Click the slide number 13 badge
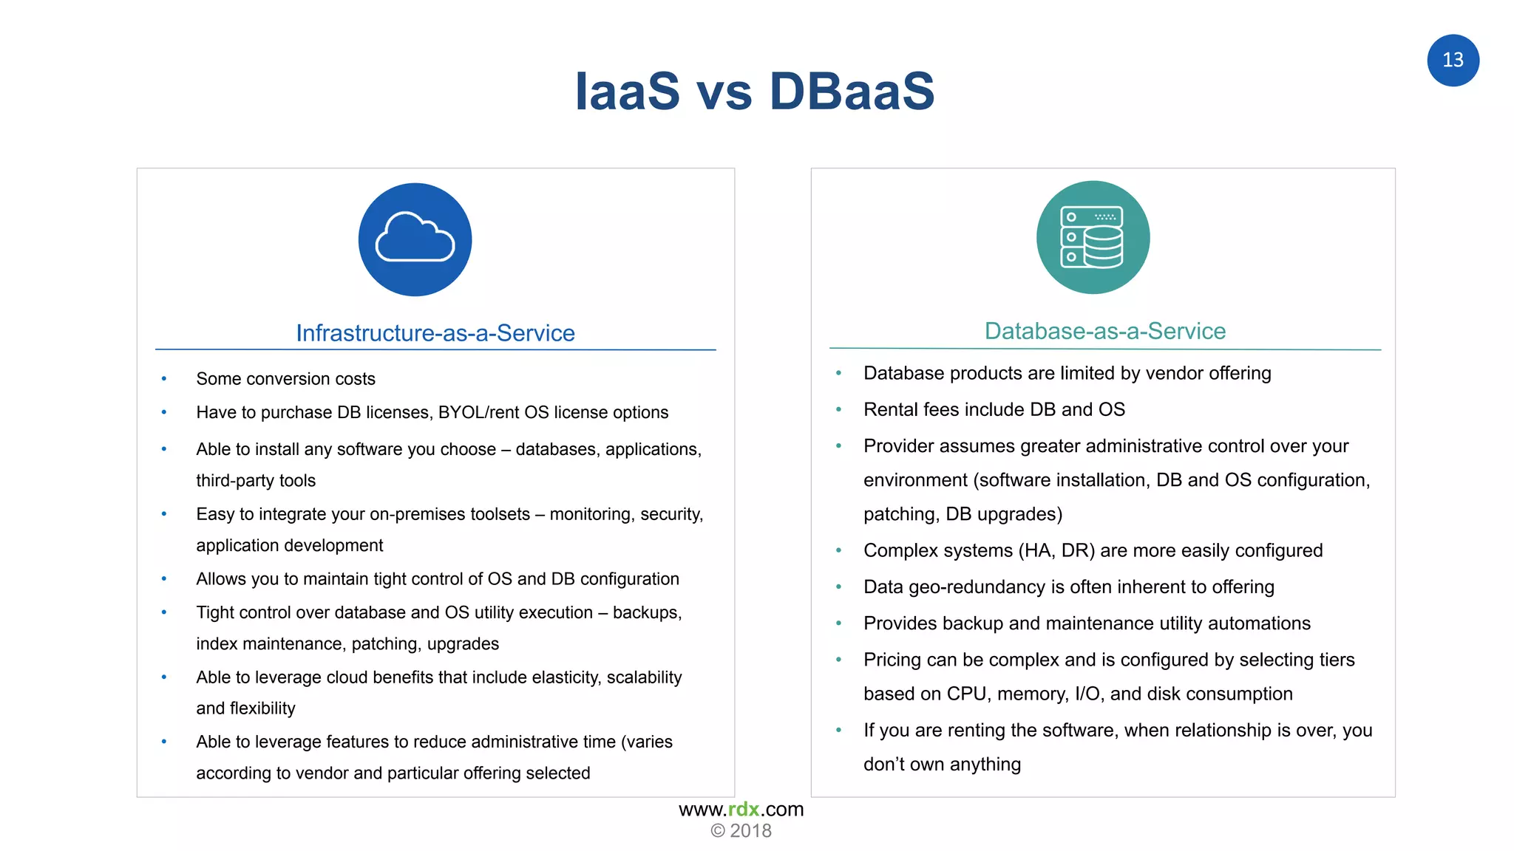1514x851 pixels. tap(1453, 61)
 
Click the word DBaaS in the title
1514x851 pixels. tap(852, 92)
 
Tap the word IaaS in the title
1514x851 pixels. tap(627, 92)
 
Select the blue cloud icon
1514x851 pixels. tap(415, 239)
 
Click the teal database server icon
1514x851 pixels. tap(1093, 237)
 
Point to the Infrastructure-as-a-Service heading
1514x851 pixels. tap(435, 333)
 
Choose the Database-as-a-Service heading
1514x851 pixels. tap(1104, 331)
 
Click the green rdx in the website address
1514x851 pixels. tap(744, 809)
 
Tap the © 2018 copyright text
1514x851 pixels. tap(741, 831)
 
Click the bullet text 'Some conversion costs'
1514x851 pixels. tap(285, 379)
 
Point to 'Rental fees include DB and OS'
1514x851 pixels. tap(994, 409)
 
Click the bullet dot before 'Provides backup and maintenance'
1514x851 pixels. tap(838, 623)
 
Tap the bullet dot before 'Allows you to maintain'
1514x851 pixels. tap(164, 578)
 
